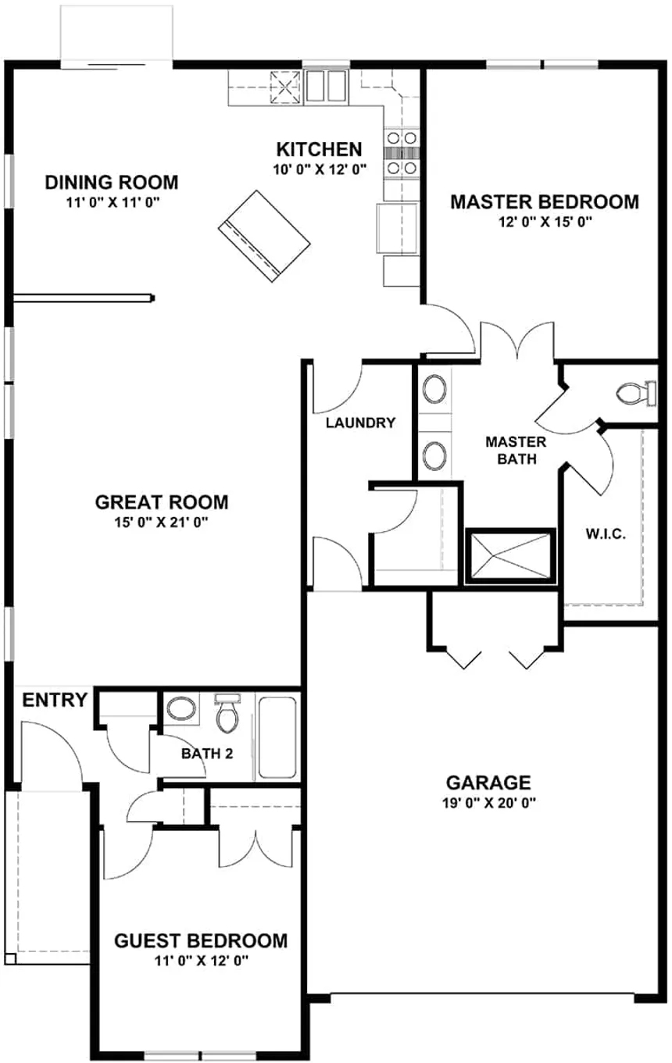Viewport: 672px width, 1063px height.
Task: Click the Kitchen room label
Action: (x=319, y=149)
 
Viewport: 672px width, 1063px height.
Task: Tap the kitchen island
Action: (x=263, y=235)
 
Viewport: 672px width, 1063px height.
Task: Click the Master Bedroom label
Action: (x=544, y=202)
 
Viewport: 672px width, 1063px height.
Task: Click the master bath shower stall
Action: (x=509, y=555)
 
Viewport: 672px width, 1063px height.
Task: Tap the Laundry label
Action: (x=360, y=423)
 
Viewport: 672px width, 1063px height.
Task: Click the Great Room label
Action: (x=161, y=501)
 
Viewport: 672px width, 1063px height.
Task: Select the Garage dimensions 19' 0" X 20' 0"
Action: (x=488, y=802)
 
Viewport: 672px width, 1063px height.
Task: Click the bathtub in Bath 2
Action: (x=277, y=738)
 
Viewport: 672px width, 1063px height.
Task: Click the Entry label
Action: (x=54, y=700)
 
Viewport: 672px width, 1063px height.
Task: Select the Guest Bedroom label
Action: (x=201, y=940)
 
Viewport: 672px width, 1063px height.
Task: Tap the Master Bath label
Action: (x=515, y=450)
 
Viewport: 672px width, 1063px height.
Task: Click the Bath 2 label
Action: (x=207, y=754)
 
